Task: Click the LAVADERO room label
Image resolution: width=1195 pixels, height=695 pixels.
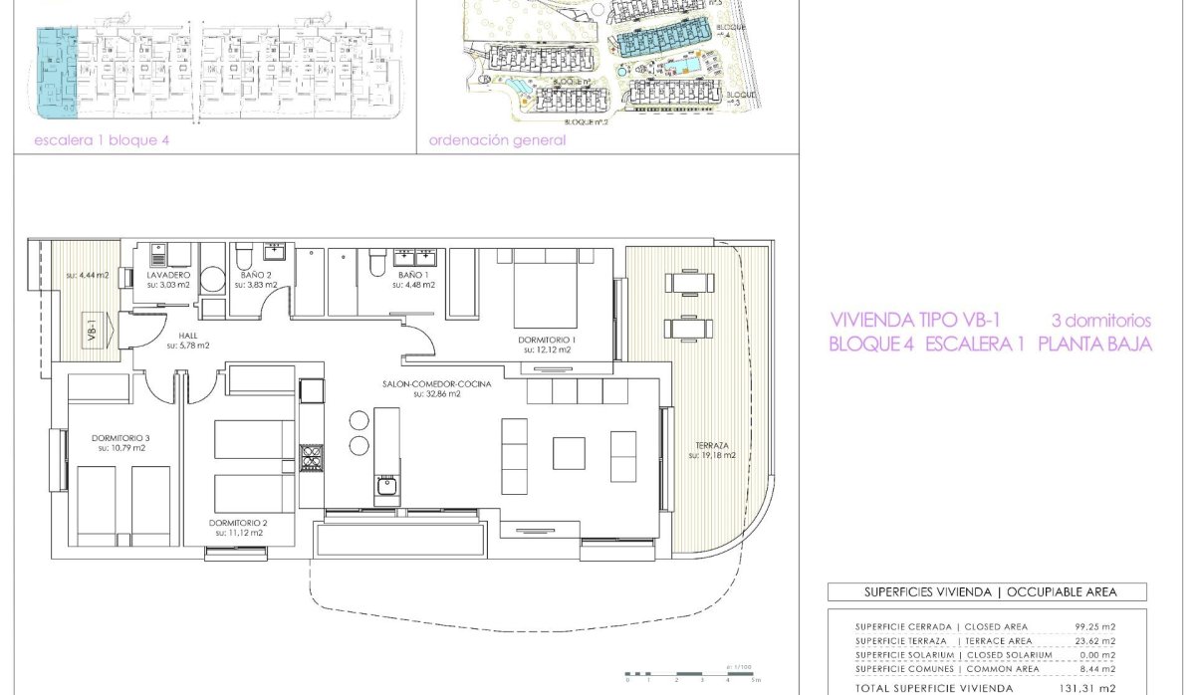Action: pos(167,274)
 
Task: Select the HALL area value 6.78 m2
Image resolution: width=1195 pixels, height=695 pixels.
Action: pos(188,346)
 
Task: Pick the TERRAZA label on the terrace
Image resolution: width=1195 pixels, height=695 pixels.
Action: pos(711,445)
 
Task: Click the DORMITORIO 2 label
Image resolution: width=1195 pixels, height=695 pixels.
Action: pos(239,522)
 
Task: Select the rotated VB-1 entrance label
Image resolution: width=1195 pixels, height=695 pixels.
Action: pos(91,331)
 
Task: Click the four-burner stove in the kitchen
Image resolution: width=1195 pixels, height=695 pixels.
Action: pos(312,459)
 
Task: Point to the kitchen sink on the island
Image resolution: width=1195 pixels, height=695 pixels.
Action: pos(386,487)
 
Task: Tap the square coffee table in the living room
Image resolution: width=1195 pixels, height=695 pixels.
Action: pos(570,453)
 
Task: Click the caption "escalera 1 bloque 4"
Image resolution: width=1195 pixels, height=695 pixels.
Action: pos(102,140)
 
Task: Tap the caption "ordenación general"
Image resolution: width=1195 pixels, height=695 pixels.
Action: pos(497,140)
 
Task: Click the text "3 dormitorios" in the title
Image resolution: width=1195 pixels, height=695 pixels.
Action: pos(1101,321)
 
